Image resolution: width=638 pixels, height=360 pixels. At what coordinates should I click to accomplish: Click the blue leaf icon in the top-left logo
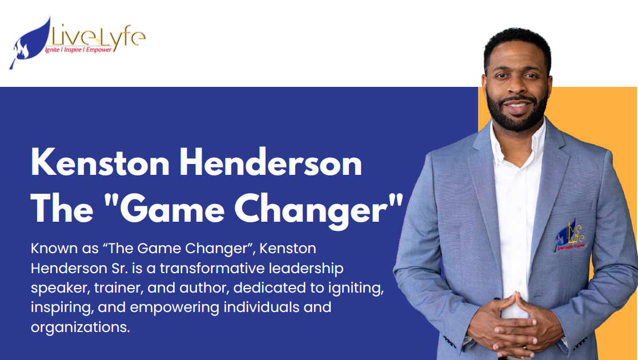29,45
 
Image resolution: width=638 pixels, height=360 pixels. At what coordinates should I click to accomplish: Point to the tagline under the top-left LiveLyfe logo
78,50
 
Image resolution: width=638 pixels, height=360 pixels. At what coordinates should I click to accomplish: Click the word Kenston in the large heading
100,163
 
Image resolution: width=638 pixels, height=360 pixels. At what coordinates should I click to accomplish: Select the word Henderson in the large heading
271,163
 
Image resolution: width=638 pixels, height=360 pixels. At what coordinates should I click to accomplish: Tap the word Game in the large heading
172,209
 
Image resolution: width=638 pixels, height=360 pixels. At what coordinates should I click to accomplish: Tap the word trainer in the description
118,288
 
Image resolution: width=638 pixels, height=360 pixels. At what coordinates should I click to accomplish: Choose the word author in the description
204,288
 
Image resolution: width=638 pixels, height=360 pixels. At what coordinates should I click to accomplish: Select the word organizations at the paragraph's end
80,327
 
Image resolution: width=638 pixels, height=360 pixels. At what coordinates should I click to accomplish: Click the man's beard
517,114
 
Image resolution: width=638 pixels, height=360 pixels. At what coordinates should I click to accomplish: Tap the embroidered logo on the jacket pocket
570,236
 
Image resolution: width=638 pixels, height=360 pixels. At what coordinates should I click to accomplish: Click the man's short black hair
517,43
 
